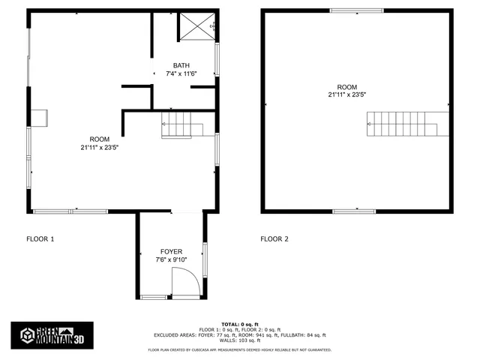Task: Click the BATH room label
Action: pos(181,65)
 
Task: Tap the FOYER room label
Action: pos(171,251)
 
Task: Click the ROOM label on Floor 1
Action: pos(100,139)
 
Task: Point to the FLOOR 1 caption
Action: pos(40,239)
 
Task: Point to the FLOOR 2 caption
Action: pos(274,239)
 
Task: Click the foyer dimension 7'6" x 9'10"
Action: pos(171,259)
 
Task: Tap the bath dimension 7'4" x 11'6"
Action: pos(181,73)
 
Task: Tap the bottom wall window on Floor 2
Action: pos(354,211)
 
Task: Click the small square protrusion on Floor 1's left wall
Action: pos(39,117)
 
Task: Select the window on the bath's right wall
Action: pos(217,59)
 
